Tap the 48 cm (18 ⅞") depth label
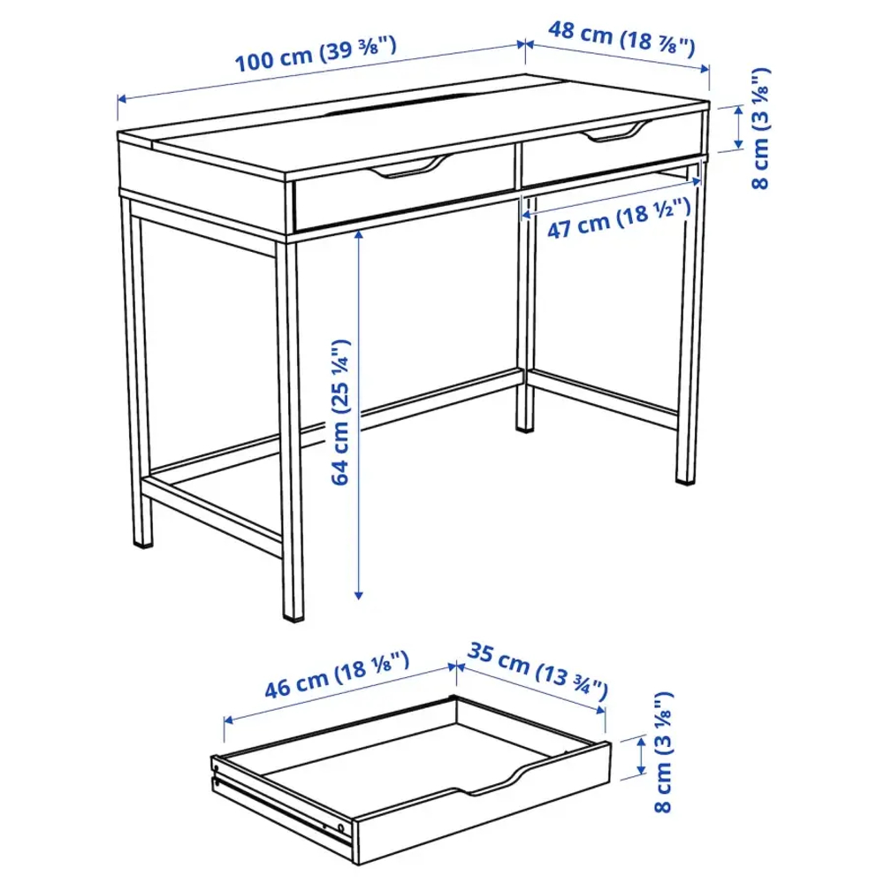coord(621,36)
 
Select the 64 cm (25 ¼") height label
coord(343,413)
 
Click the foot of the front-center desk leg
coord(292,613)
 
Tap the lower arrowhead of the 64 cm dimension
coord(359,596)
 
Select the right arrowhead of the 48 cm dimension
coord(707,70)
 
